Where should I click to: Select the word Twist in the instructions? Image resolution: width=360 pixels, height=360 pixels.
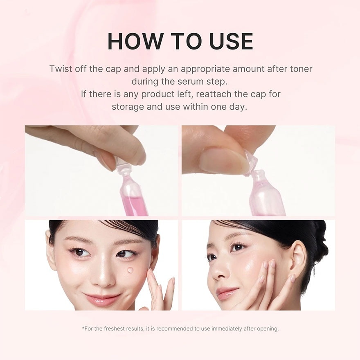click(61, 69)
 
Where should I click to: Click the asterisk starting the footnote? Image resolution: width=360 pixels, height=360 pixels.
click(83, 328)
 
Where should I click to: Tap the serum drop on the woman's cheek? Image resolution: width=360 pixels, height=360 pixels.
click(130, 270)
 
